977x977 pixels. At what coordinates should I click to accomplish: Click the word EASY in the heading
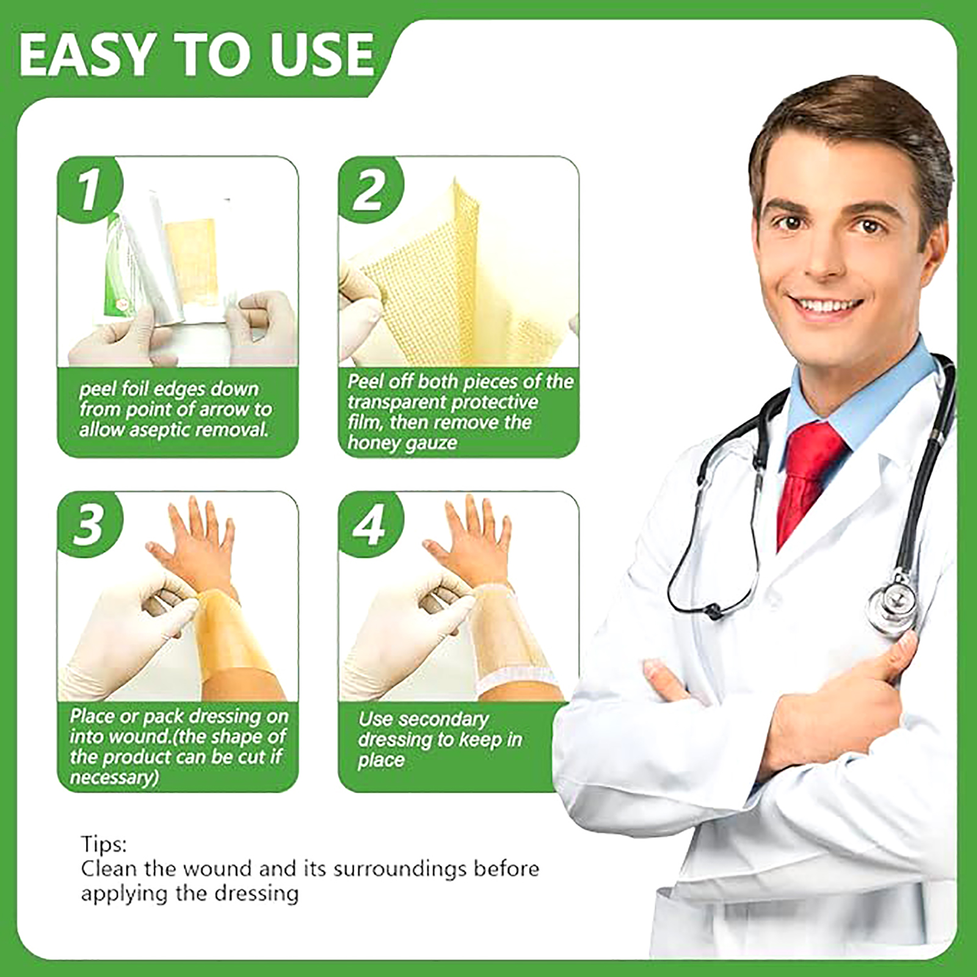coord(86,54)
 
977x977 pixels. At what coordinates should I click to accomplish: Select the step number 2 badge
coord(371,189)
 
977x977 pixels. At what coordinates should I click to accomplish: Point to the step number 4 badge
coord(371,524)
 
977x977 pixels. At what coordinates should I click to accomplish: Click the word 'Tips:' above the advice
coord(104,844)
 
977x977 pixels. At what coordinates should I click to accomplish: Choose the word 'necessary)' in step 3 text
coord(114,777)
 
